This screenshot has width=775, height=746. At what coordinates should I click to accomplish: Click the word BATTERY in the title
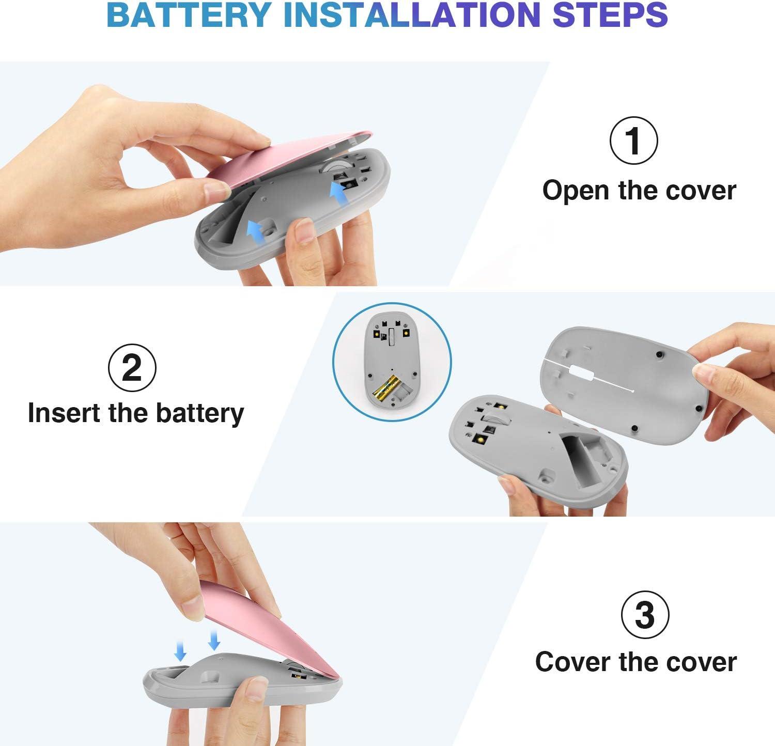point(189,15)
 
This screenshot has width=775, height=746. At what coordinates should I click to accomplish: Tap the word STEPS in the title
point(610,15)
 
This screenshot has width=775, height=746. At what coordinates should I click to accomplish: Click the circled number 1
point(634,141)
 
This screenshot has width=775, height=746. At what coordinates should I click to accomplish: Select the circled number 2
point(132,368)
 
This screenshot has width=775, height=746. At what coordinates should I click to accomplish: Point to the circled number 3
point(645,615)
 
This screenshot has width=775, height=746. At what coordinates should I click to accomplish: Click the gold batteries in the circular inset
point(388,389)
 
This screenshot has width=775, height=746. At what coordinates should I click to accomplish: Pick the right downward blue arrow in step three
point(214,640)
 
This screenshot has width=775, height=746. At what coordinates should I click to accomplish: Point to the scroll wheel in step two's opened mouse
point(493,418)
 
